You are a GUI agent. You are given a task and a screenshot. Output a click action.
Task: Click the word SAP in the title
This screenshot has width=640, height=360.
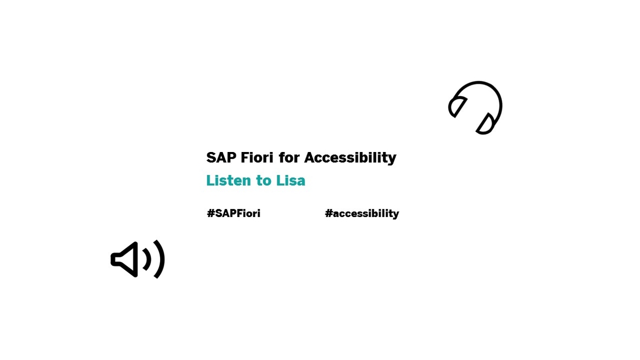(221, 158)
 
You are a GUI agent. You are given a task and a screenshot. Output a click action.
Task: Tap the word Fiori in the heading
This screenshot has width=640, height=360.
(257, 158)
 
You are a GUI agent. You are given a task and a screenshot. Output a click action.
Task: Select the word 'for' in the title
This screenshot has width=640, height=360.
(289, 158)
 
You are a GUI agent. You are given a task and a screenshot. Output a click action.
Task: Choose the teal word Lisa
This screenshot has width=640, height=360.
(291, 181)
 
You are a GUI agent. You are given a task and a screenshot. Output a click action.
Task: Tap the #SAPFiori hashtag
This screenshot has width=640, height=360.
(234, 213)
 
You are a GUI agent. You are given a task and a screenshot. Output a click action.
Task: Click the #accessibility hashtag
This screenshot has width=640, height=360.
(362, 214)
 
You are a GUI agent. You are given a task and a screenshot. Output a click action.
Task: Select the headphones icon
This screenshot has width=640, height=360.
(475, 108)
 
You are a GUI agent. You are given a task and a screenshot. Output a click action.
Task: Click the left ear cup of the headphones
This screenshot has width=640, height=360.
(457, 107)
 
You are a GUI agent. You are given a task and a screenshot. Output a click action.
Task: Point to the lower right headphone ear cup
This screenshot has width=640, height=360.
(486, 124)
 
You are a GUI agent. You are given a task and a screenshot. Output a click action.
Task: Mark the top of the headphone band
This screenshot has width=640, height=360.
(478, 83)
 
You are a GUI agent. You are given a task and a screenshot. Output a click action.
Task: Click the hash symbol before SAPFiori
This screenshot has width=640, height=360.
(211, 213)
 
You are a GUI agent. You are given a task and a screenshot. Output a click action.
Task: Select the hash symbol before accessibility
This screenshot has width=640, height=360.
(329, 213)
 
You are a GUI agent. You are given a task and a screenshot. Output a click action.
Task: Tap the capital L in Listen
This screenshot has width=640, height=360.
(210, 181)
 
